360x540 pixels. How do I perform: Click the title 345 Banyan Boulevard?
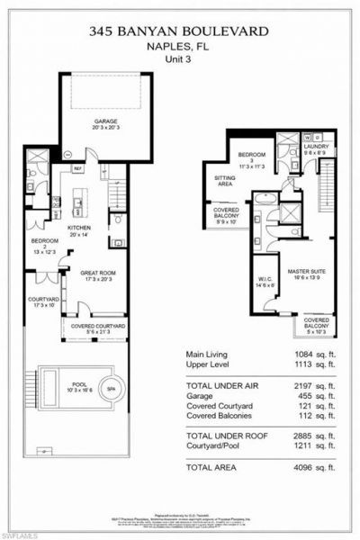179,31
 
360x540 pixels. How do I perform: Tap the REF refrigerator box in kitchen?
78,167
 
